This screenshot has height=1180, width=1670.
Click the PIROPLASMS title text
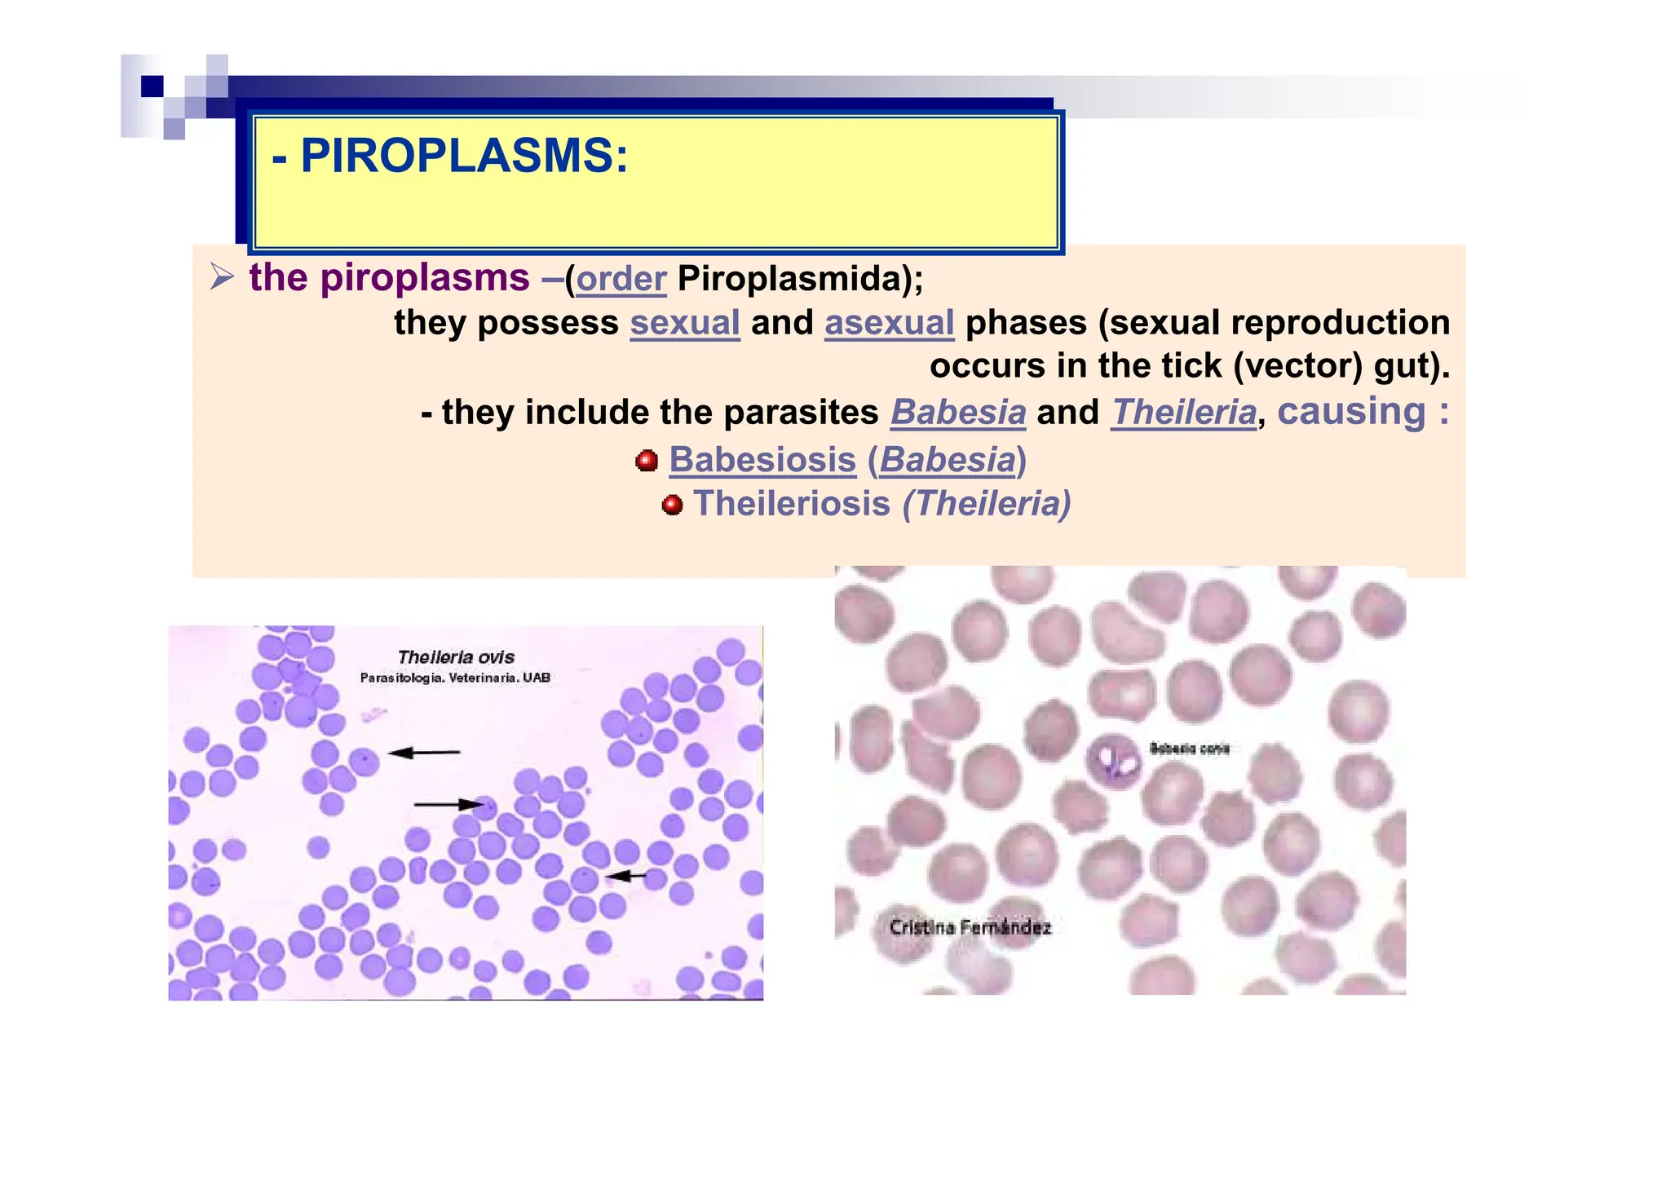click(x=450, y=156)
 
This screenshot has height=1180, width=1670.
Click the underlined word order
click(x=621, y=280)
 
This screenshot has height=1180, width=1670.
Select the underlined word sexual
click(x=685, y=323)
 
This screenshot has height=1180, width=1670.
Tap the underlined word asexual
click(x=889, y=323)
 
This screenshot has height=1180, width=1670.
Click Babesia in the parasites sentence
click(x=957, y=413)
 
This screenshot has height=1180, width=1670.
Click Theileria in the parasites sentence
click(x=1184, y=413)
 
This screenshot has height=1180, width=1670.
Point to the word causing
click(x=1351, y=411)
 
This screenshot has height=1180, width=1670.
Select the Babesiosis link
click(x=762, y=460)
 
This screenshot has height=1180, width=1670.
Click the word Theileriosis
click(x=791, y=504)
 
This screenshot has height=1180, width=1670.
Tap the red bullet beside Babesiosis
click(x=647, y=461)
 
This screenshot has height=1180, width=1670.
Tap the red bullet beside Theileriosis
click(x=672, y=505)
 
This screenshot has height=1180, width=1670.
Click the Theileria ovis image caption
click(x=456, y=657)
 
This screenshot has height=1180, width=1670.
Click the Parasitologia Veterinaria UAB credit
click(x=455, y=678)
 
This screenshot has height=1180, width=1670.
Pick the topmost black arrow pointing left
click(x=423, y=753)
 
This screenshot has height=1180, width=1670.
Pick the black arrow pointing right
click(x=448, y=805)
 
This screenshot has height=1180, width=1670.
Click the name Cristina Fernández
click(x=970, y=927)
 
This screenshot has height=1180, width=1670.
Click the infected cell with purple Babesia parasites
click(x=1114, y=760)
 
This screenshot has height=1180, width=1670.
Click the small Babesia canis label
click(x=1189, y=749)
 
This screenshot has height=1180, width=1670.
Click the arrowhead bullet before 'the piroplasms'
click(x=222, y=277)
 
